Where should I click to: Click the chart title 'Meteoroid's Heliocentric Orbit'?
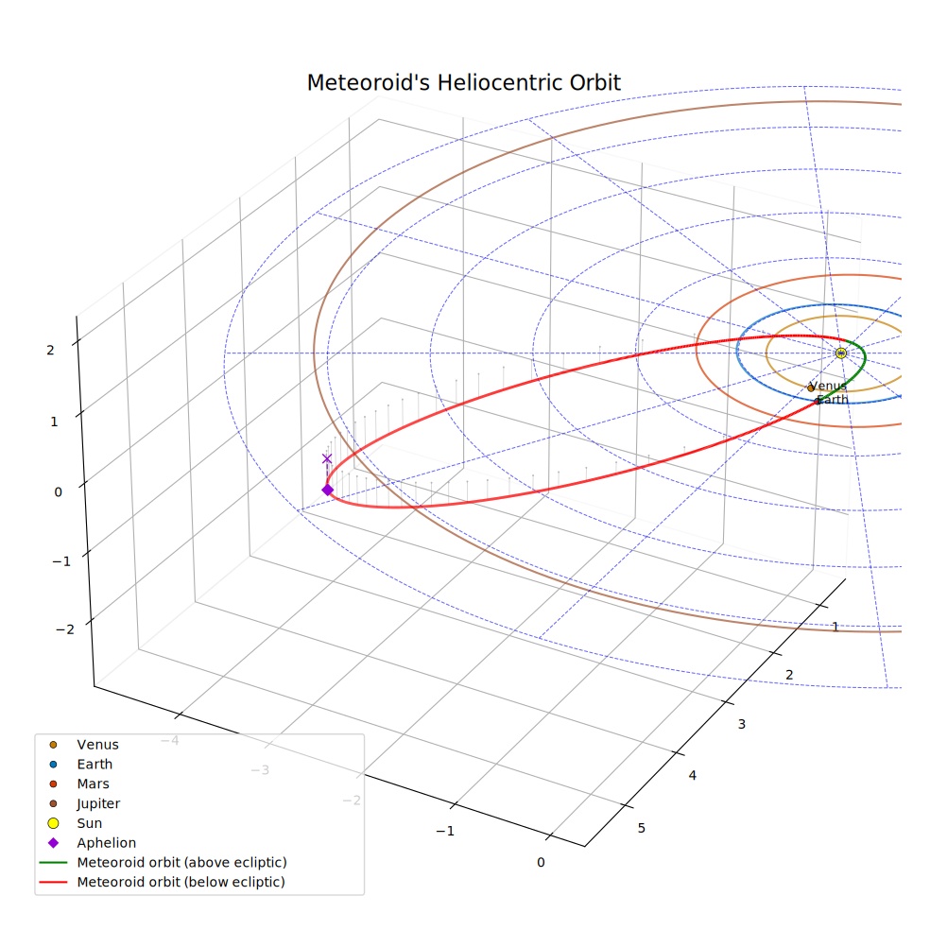pos(463,83)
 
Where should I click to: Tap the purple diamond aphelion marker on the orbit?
pos(327,490)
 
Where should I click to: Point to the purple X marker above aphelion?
pos(327,458)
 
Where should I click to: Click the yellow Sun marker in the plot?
pos(840,353)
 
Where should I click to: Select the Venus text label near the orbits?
pos(827,387)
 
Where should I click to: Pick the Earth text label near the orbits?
pos(833,400)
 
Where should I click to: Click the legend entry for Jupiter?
pos(98,803)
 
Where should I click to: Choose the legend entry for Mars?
pos(94,784)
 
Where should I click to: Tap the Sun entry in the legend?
pos(90,823)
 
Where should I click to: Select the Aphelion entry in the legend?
pos(106,843)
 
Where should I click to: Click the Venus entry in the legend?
pos(98,745)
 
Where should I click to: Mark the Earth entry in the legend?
pos(95,765)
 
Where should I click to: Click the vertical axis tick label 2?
pos(50,351)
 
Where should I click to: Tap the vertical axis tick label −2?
pos(65,629)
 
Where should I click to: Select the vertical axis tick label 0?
pos(59,492)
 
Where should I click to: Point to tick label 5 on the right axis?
pos(641,828)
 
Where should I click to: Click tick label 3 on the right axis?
pos(741,724)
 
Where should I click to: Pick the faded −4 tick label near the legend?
pos(169,740)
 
